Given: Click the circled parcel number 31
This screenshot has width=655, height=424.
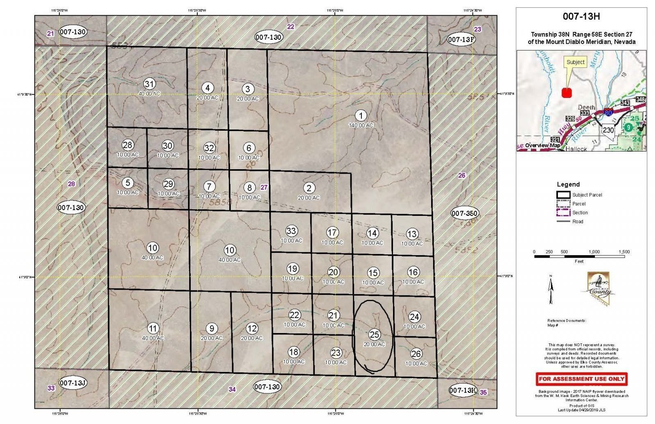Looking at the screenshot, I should [x=150, y=84].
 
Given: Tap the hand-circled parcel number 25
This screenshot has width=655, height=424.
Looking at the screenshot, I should [x=374, y=334].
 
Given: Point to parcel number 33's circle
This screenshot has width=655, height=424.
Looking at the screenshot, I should [x=291, y=231].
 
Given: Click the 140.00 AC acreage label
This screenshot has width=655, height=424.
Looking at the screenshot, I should [x=361, y=125].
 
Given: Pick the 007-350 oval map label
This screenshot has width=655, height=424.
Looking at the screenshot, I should [x=465, y=213].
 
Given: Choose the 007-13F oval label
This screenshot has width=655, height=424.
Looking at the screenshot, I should [x=461, y=39].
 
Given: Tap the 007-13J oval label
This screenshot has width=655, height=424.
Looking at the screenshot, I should [x=72, y=383].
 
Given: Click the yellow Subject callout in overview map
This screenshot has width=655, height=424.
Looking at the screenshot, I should [x=576, y=62].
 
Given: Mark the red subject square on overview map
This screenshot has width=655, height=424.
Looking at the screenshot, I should [x=567, y=93].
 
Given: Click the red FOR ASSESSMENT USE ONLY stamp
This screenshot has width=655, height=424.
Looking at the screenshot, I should [x=582, y=379].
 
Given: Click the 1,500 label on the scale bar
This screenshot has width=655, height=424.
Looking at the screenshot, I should [x=624, y=252].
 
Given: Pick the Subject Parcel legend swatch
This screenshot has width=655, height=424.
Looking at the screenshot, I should [x=563, y=195].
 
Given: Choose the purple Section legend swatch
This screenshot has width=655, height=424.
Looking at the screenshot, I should [x=563, y=213].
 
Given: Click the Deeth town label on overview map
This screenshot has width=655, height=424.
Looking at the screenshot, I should [x=587, y=108].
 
